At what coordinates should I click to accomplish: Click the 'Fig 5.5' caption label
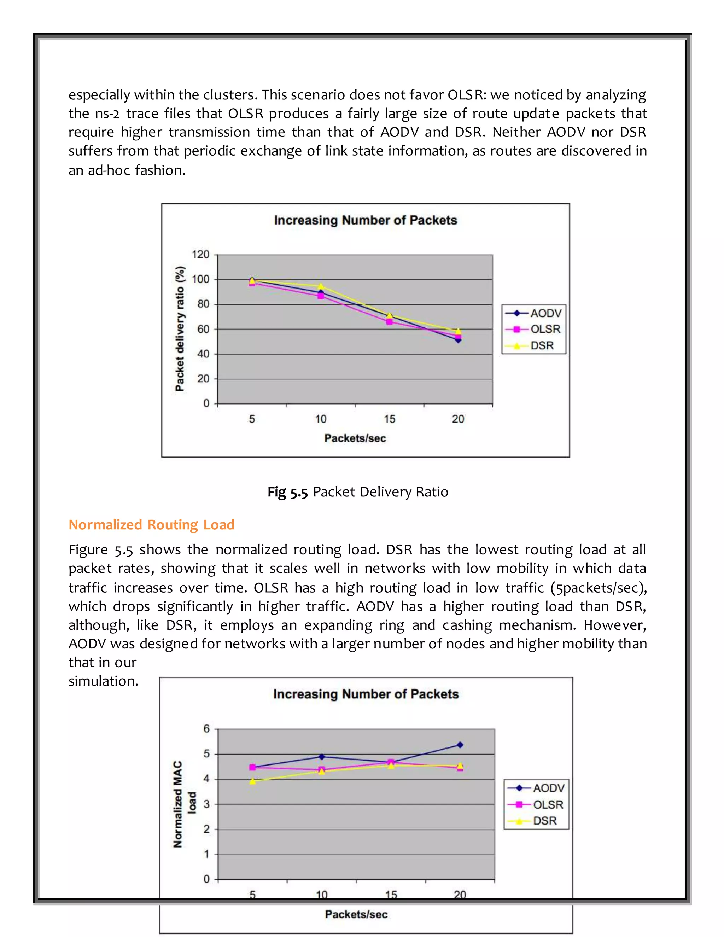pos(287,492)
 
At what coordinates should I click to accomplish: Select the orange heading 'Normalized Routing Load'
pos(151,525)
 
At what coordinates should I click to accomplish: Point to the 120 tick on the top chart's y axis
pos(200,255)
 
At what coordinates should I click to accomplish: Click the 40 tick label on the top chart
pos(203,354)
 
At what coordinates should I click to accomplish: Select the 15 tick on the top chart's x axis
pos(390,419)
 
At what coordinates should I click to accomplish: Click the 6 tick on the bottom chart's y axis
pos(206,728)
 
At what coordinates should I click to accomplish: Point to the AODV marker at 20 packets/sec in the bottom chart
pos(460,745)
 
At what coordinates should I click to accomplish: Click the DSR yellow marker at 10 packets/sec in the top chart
pos(320,286)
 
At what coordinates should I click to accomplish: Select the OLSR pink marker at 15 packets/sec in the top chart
pos(390,321)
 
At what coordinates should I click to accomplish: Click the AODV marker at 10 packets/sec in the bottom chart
pos(322,756)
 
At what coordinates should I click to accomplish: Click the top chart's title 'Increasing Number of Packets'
pos(366,220)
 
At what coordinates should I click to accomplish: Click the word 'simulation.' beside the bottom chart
pos(103,681)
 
